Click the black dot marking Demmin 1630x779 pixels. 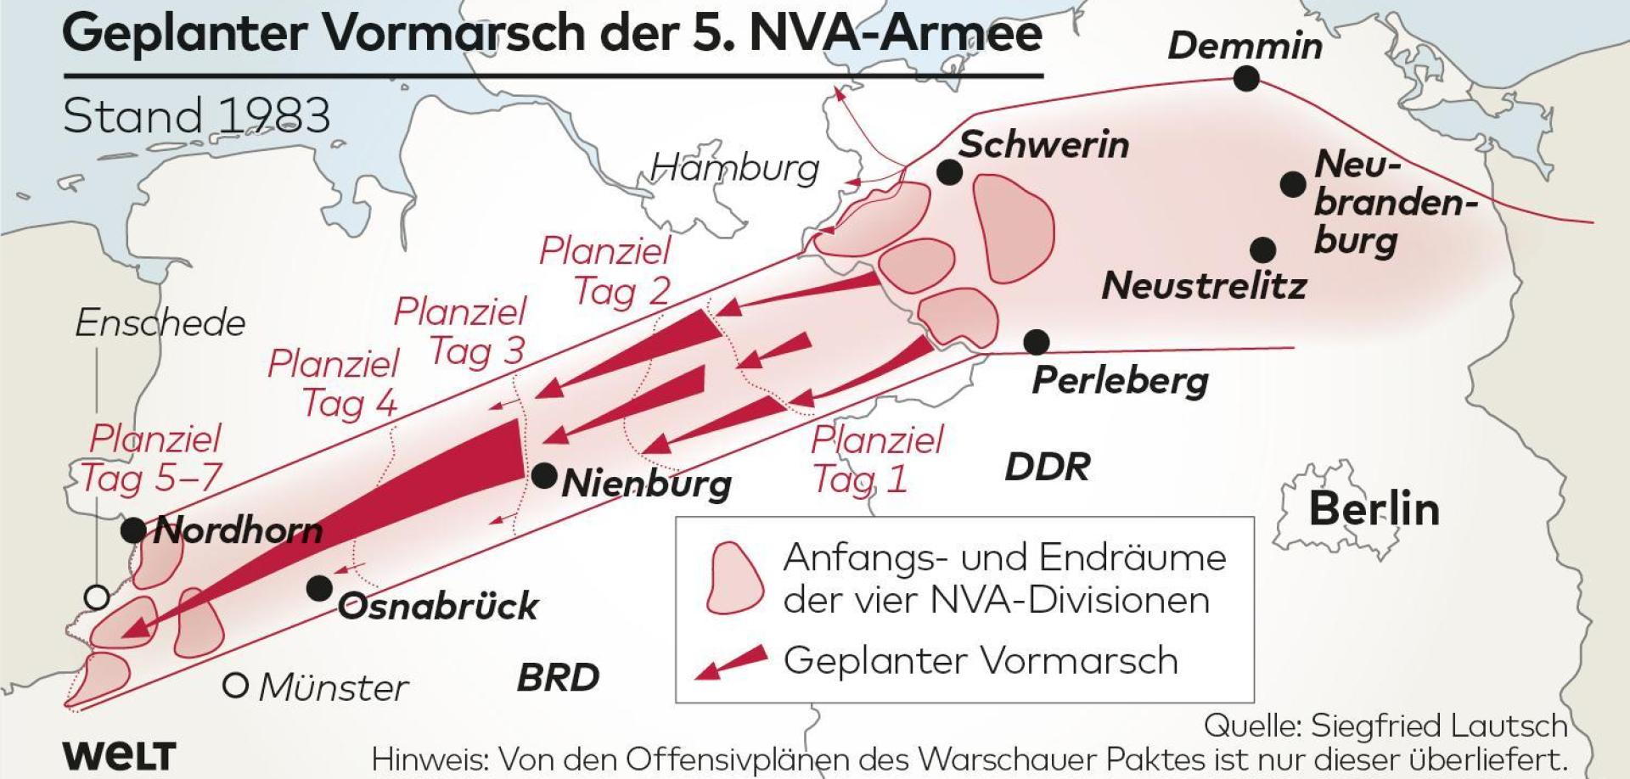coord(1246,80)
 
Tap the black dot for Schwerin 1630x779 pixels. coord(950,172)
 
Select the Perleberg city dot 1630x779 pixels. coord(1037,342)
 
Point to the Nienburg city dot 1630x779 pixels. coord(544,476)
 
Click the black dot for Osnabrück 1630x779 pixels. coord(319,587)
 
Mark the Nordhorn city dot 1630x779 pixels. coord(133,530)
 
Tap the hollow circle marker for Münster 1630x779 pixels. coord(235,685)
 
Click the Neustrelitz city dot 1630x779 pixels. coord(1263,249)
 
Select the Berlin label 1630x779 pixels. coord(1374,509)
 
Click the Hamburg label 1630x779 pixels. coord(734,168)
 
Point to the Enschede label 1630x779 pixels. coord(160,323)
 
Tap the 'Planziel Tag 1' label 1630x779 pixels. coord(876,460)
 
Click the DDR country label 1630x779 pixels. coord(1047,468)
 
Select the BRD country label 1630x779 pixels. coord(558,678)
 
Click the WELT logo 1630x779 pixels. coord(119,755)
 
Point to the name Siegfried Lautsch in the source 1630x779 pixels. coord(1439,726)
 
